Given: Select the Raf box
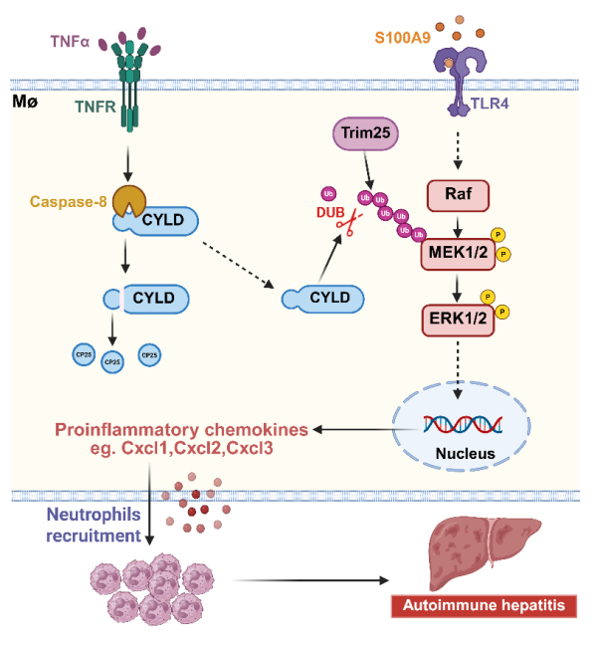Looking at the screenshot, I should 456,196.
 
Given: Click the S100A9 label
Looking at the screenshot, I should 403,38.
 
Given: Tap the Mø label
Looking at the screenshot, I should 24,101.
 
